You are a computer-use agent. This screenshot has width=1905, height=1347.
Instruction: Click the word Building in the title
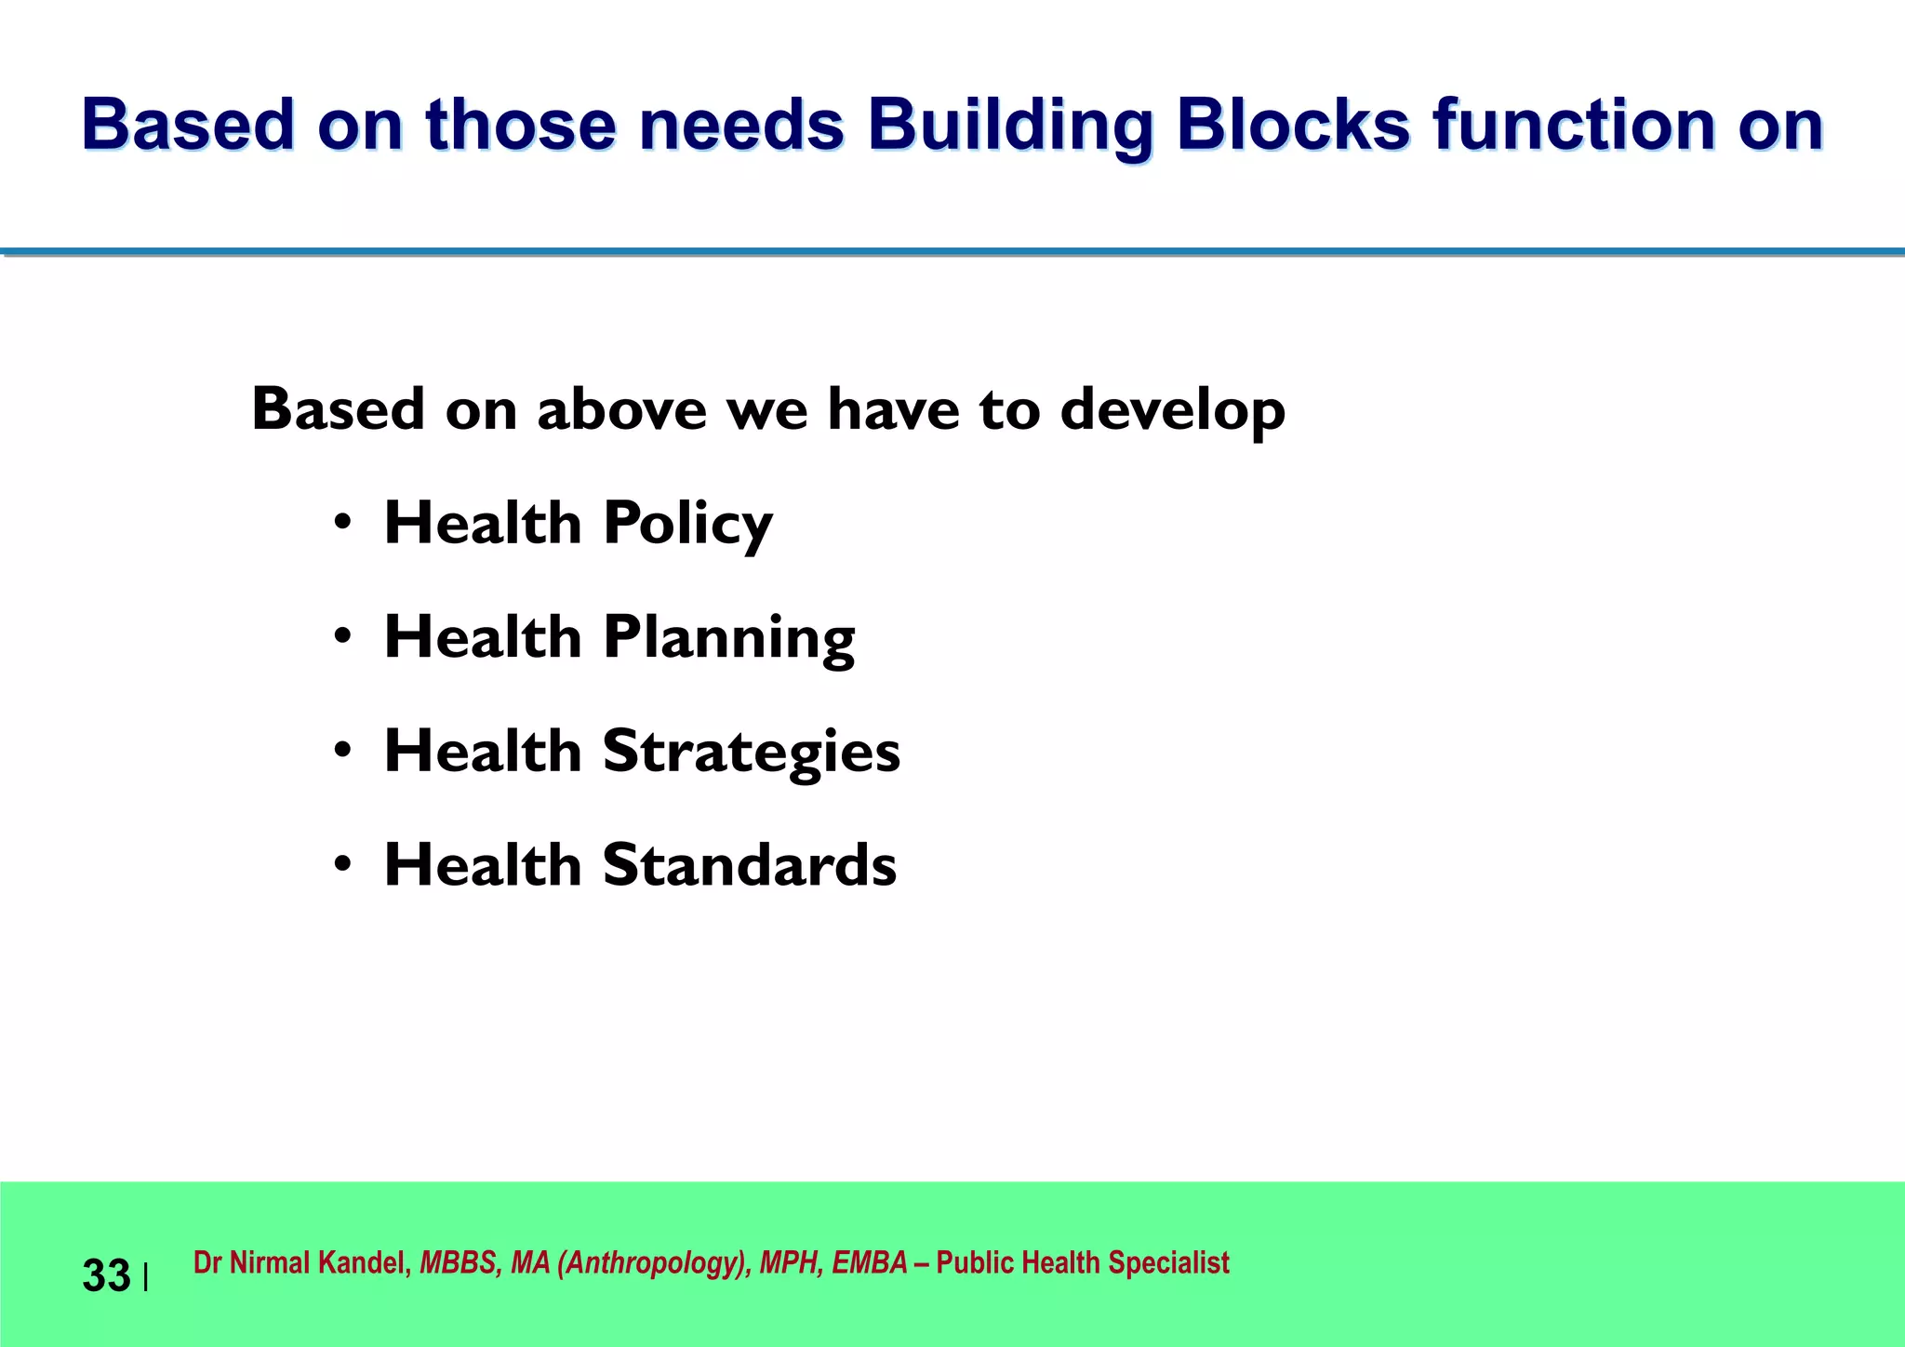point(1010,126)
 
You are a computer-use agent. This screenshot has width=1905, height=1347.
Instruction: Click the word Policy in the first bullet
point(687,524)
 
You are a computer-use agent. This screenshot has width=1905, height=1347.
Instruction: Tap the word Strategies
point(752,752)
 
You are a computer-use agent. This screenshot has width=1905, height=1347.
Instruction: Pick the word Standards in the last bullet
point(750,865)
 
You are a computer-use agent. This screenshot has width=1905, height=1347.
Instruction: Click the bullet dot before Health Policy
point(343,523)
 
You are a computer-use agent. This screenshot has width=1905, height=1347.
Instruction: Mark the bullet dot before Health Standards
point(343,865)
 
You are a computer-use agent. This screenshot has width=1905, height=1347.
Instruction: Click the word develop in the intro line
point(1173,410)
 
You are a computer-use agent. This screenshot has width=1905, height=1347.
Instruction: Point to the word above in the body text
point(621,409)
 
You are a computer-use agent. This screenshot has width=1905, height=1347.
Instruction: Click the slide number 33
point(106,1275)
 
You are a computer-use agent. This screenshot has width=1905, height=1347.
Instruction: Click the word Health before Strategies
point(483,752)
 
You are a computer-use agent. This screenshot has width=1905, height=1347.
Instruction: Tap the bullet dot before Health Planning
point(343,637)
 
